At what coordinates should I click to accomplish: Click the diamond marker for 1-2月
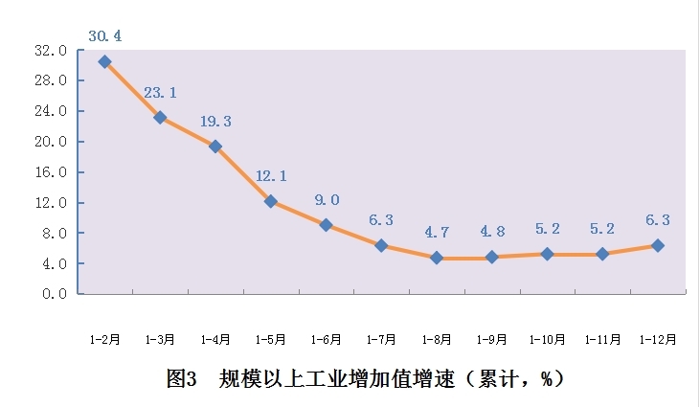(105, 61)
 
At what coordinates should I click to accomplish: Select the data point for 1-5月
(271, 201)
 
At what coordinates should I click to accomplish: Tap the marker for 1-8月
(437, 258)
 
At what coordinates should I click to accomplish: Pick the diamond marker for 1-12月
(658, 245)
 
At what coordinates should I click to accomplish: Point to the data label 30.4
(105, 35)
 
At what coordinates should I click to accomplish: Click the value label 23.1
(160, 93)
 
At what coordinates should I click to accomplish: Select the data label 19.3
(215, 122)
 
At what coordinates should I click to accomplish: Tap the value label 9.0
(327, 200)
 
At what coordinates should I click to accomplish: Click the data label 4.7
(437, 232)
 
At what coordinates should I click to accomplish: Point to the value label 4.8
(492, 231)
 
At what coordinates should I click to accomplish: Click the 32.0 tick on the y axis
(51, 51)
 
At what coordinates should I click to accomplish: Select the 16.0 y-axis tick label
(51, 171)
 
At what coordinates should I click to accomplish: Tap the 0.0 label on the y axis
(55, 294)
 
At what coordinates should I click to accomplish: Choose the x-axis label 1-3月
(160, 340)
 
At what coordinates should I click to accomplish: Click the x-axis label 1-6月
(326, 340)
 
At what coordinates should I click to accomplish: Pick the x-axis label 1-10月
(548, 340)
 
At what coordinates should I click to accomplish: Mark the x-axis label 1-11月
(602, 340)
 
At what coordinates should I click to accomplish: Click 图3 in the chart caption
(181, 378)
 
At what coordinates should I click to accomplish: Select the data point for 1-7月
(381, 245)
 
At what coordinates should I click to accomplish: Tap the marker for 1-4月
(215, 147)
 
